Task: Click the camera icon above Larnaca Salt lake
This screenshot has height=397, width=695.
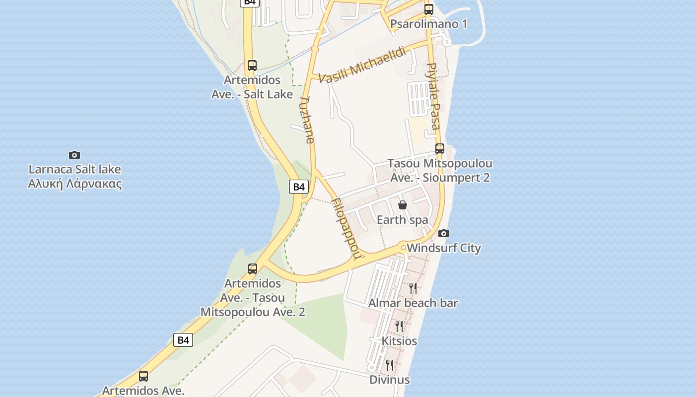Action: click(74, 155)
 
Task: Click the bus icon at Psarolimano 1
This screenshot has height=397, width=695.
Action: click(429, 9)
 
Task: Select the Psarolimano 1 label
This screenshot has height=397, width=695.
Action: click(428, 24)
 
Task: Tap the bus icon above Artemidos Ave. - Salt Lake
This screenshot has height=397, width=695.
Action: click(252, 65)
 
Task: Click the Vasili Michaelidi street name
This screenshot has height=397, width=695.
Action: click(362, 65)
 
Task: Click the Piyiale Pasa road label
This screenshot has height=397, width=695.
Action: click(433, 96)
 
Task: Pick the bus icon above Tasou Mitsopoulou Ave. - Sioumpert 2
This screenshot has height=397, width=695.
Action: click(439, 148)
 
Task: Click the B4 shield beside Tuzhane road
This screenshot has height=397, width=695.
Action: click(298, 187)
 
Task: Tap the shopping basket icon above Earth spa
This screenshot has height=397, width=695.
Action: click(403, 204)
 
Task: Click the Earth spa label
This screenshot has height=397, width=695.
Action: click(402, 219)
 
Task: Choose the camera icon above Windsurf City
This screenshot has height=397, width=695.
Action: click(444, 233)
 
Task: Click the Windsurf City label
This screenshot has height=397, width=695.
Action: click(444, 248)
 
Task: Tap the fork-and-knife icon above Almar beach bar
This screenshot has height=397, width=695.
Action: click(413, 288)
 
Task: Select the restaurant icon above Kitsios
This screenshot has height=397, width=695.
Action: click(399, 326)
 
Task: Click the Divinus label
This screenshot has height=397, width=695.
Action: click(390, 380)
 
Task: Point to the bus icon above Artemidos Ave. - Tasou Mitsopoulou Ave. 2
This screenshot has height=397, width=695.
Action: click(253, 269)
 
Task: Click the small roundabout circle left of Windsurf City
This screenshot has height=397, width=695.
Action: click(404, 247)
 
